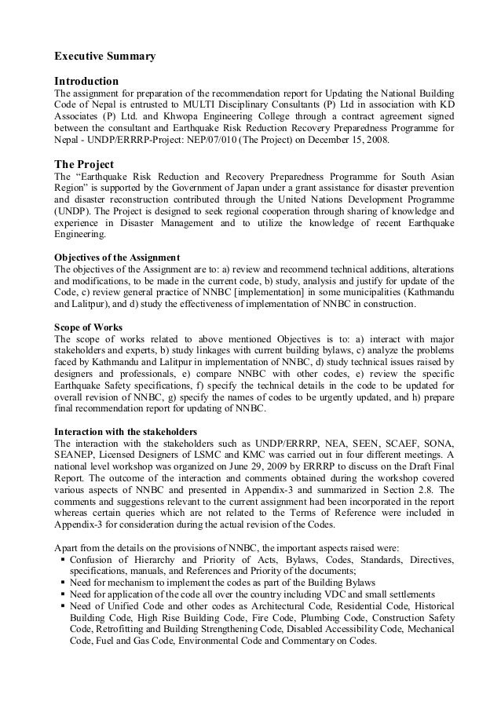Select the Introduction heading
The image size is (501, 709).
86,81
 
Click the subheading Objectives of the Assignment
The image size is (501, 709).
116,257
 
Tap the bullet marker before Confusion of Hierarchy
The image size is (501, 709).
61,559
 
